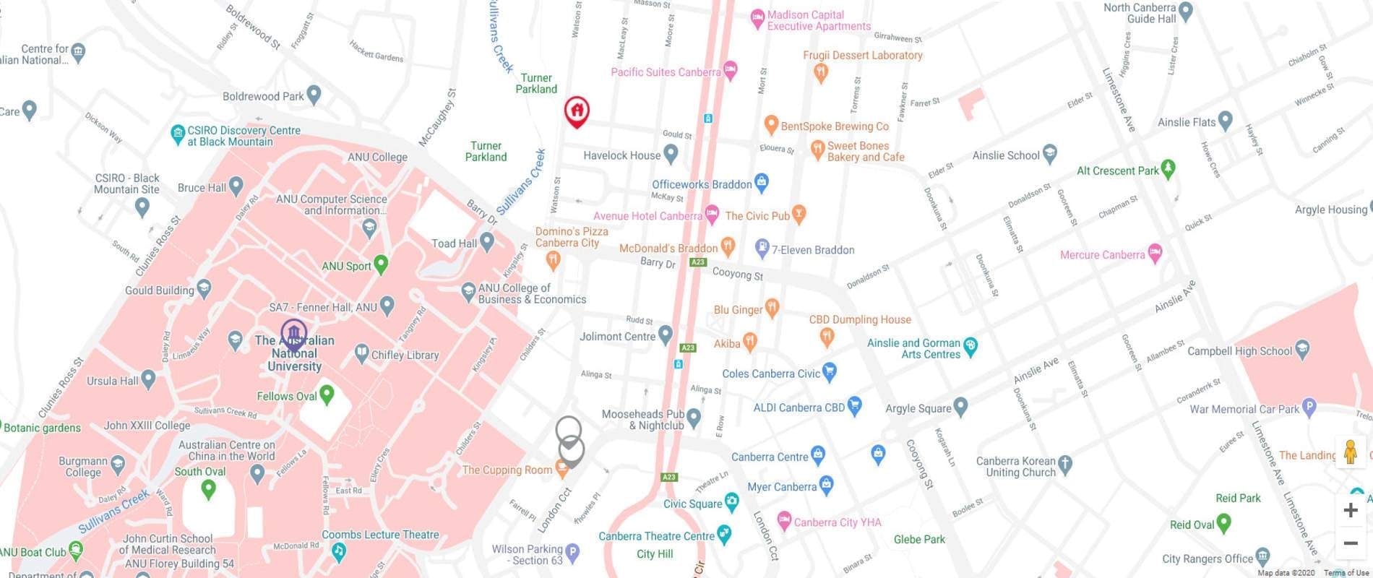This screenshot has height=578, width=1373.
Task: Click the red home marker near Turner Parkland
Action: point(576,111)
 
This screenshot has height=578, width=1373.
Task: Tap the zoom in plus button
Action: point(1350,510)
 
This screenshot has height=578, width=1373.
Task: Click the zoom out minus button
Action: point(1350,543)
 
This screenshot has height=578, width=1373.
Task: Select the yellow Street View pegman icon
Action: point(1350,452)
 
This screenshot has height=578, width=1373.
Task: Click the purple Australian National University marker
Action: point(293,334)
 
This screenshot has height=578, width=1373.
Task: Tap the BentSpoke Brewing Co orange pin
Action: point(771,125)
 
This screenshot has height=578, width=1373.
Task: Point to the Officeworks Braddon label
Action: point(701,184)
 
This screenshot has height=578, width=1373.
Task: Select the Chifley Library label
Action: point(405,355)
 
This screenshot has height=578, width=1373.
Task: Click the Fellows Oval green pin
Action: point(327,394)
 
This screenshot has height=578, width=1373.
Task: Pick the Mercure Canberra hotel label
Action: point(1102,255)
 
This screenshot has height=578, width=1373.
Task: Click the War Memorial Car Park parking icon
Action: point(1309,407)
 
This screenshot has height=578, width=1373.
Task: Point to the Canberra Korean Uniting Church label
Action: point(1016,467)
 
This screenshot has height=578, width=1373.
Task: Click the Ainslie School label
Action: point(1006,155)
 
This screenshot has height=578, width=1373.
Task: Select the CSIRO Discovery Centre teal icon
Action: point(177,134)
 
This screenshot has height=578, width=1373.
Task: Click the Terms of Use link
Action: point(1346,573)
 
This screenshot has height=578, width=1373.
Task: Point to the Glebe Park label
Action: point(919,539)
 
